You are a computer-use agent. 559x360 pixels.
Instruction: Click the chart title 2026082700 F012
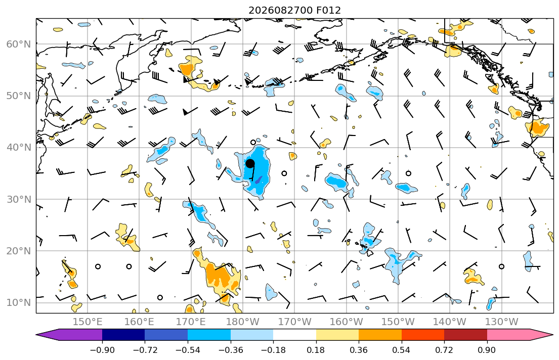pos(294,10)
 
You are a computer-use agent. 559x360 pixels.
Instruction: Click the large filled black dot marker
pos(250,164)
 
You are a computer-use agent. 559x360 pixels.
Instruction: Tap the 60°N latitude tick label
pos(19,44)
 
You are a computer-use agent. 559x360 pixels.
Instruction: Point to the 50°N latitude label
pos(19,96)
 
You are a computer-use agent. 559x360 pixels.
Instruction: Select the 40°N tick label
pos(19,148)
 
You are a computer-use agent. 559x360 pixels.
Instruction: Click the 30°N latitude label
pos(19,199)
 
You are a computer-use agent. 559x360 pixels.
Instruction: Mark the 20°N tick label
pos(19,251)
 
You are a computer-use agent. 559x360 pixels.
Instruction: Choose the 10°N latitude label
pos(19,303)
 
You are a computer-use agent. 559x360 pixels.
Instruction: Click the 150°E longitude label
pos(88,322)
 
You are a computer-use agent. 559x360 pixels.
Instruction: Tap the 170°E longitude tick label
pos(191,322)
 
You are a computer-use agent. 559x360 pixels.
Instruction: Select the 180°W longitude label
pos(243,322)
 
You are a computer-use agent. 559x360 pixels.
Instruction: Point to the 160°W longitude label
pos(347,322)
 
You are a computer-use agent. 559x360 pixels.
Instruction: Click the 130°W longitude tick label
pos(502,322)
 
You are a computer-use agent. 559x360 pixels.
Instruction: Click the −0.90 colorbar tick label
pos(102,350)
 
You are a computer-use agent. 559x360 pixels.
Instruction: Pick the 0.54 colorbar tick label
pos(402,350)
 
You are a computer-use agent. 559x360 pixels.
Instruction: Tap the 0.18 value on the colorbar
pos(316,350)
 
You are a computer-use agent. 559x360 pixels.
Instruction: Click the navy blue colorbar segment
pos(123,335)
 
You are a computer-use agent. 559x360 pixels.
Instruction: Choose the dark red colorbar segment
pos(465,335)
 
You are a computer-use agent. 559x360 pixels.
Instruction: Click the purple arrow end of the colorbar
pos(71,335)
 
